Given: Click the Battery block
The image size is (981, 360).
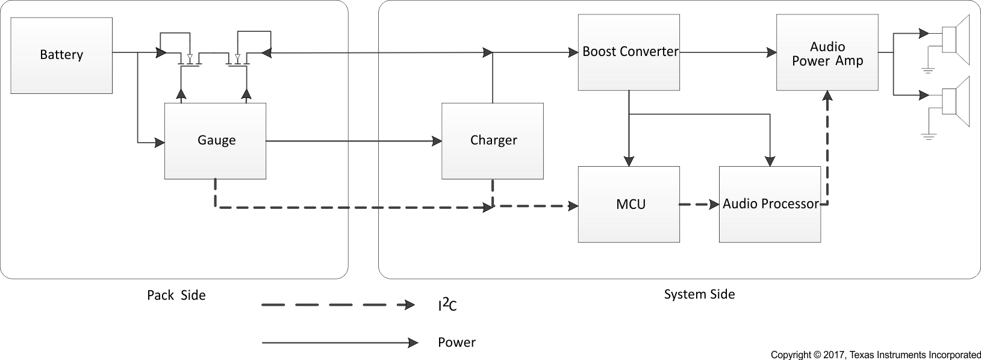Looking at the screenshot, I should [61, 55].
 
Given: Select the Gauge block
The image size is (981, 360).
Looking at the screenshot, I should [216, 141].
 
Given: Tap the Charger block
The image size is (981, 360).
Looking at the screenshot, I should [493, 141].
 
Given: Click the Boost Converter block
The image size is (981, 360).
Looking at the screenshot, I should [629, 52].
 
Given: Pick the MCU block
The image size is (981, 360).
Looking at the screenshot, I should [629, 205].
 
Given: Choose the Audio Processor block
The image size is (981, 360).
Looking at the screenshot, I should [770, 205].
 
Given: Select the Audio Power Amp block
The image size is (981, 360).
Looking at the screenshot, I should [827, 53].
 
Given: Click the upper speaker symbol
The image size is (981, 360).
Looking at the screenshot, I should [955, 39].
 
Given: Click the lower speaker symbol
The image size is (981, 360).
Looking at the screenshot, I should [955, 101].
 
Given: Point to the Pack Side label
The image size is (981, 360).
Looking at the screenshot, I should [176, 296].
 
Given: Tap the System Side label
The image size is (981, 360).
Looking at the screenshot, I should [699, 294].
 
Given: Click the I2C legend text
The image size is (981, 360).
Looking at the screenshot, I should [447, 306].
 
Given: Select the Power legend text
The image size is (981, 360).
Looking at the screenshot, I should [456, 343].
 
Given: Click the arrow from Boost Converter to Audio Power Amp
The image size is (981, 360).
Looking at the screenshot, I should [728, 52].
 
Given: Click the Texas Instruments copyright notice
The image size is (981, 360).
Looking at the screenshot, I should [876, 355].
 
